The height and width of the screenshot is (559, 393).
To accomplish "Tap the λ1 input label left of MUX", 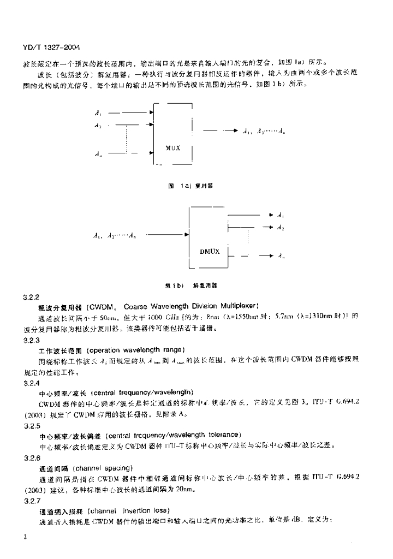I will [97, 114].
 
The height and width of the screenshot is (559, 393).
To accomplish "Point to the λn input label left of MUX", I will [97, 154].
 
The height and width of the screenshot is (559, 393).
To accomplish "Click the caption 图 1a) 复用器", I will [191, 186].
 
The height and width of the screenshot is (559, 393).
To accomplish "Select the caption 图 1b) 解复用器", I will [188, 285].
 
